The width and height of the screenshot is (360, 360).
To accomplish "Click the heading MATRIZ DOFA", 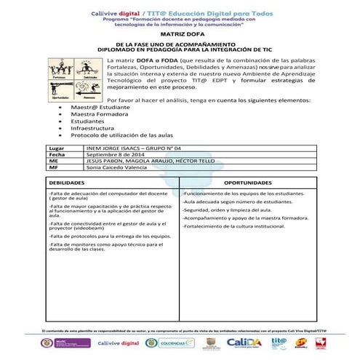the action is click(180, 33).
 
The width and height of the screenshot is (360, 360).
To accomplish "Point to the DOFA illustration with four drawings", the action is click(75, 79).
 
